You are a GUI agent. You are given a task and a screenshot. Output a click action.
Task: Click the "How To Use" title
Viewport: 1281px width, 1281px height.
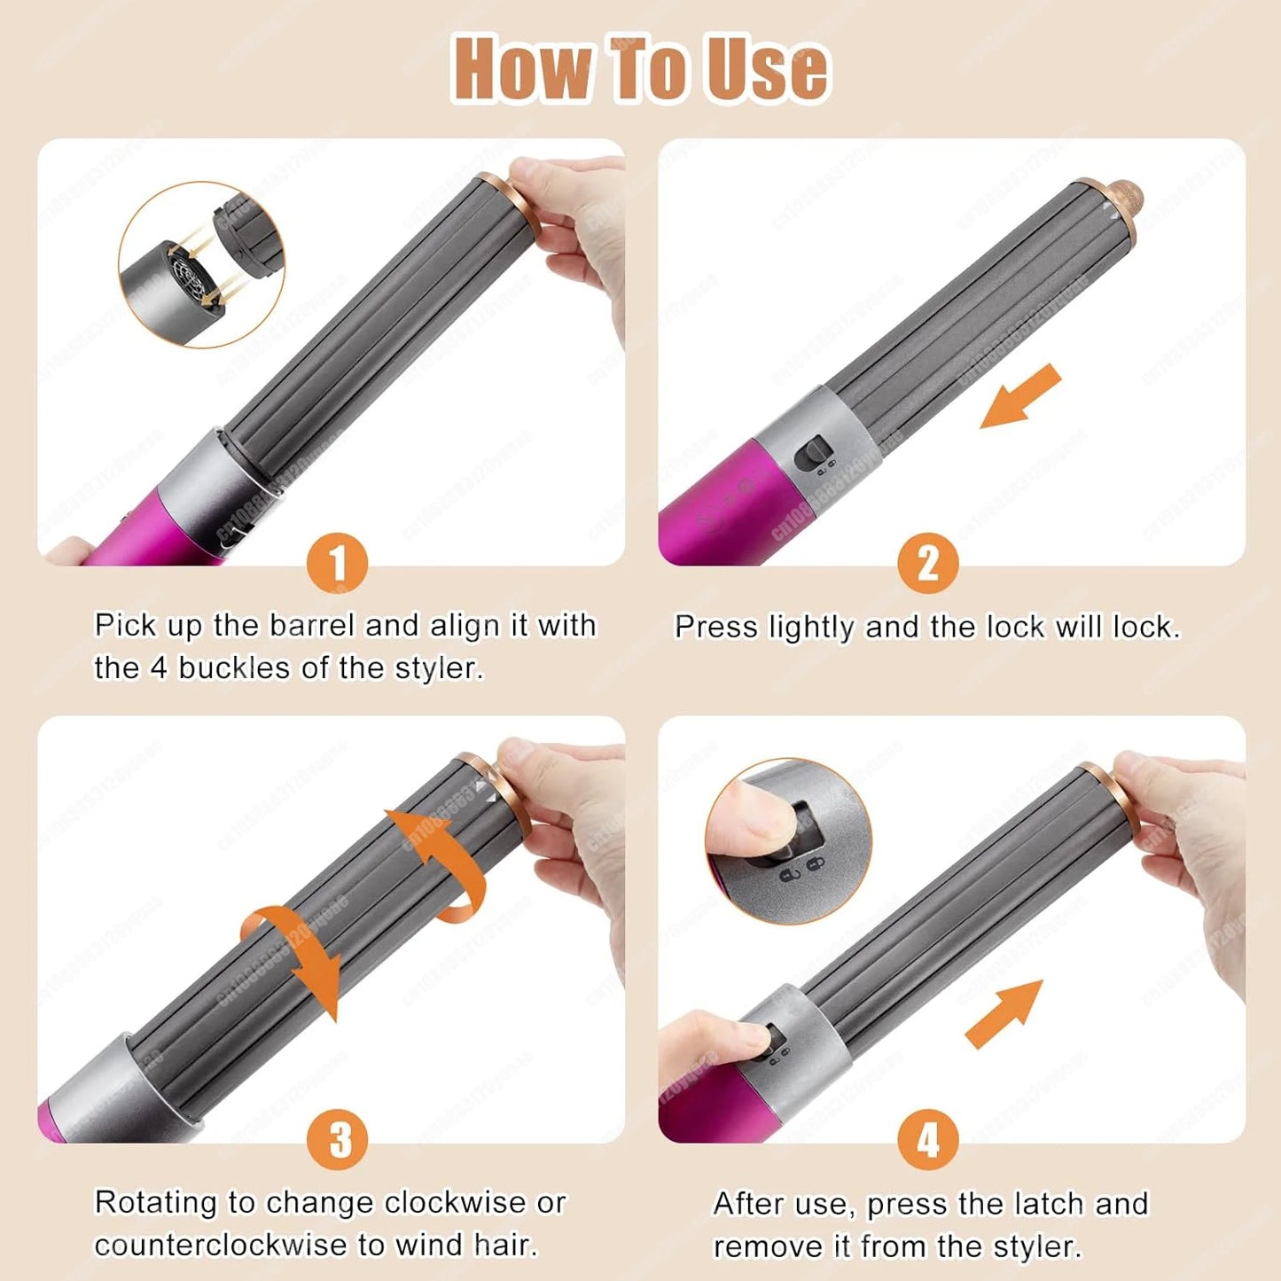[x=640, y=69]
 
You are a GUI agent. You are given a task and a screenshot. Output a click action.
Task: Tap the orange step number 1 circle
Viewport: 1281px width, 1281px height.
[x=337, y=564]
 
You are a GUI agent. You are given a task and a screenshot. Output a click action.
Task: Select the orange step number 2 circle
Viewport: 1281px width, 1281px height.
[x=927, y=564]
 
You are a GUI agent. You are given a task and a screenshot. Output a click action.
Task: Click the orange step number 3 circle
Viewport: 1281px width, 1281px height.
[x=337, y=1140]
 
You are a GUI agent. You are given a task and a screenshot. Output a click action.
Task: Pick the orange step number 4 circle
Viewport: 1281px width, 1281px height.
[x=927, y=1140]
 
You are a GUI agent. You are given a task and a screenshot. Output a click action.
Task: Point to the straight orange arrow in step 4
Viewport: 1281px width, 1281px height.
[x=1004, y=1015]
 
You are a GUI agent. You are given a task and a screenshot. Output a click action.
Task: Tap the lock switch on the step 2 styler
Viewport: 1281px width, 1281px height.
[x=812, y=455]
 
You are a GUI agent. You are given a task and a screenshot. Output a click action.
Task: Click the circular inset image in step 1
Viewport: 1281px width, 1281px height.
[x=202, y=264]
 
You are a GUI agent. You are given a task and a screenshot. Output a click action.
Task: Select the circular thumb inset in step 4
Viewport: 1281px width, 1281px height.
[x=788, y=840]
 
